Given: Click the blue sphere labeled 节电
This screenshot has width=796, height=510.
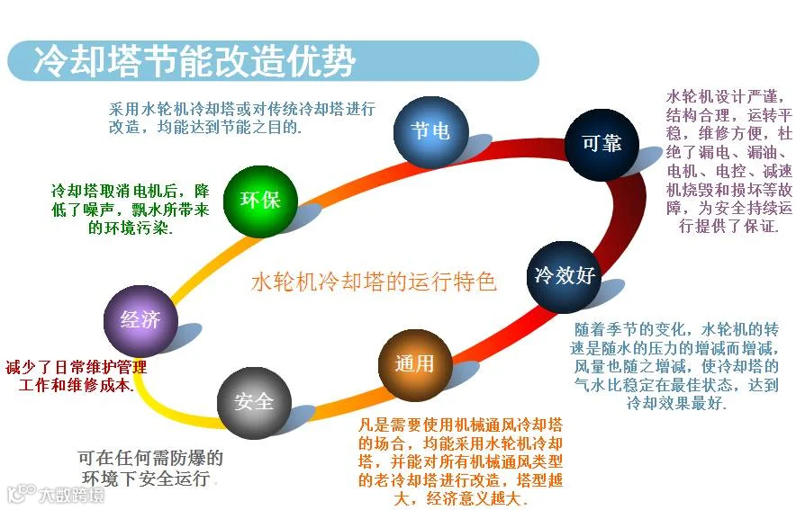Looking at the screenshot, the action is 430,132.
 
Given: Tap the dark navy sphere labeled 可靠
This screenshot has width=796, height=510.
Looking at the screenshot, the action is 602,144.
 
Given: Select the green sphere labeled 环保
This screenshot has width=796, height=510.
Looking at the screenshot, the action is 260,200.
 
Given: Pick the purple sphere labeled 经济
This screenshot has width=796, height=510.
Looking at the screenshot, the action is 140,318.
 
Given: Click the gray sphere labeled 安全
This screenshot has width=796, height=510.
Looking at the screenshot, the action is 253,402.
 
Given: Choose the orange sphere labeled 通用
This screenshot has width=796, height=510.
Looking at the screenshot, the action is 414,363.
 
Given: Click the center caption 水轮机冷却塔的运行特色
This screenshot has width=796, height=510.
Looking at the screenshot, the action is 374,282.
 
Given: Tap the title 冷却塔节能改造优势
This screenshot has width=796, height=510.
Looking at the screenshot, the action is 194,61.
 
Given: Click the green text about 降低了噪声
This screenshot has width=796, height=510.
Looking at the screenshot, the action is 131,210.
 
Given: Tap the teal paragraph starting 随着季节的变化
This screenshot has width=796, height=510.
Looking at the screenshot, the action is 675,366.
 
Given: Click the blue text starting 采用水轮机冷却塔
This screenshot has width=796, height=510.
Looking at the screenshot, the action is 241,118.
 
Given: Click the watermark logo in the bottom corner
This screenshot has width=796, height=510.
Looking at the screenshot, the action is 54,495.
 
